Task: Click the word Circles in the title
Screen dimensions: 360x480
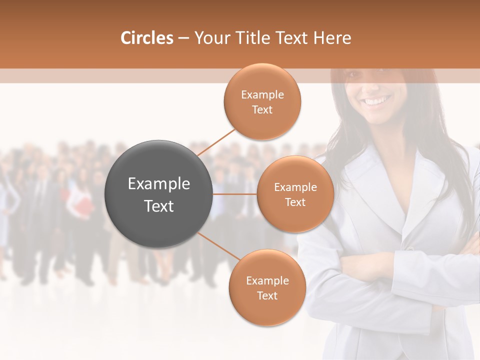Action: coord(146,38)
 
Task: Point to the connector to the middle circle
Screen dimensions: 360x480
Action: coord(235,194)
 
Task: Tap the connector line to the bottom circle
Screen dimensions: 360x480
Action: coord(219,247)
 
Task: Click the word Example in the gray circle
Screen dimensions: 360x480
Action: coord(158,184)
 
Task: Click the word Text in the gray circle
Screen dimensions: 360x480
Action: coord(158,206)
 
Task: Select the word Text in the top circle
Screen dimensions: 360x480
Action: coord(262,110)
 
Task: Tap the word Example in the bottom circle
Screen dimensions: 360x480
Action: coord(267,280)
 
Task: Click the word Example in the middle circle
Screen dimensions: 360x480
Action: coord(295,187)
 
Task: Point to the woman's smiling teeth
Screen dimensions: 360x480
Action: coord(377,101)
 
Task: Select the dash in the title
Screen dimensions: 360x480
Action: coord(183,38)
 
